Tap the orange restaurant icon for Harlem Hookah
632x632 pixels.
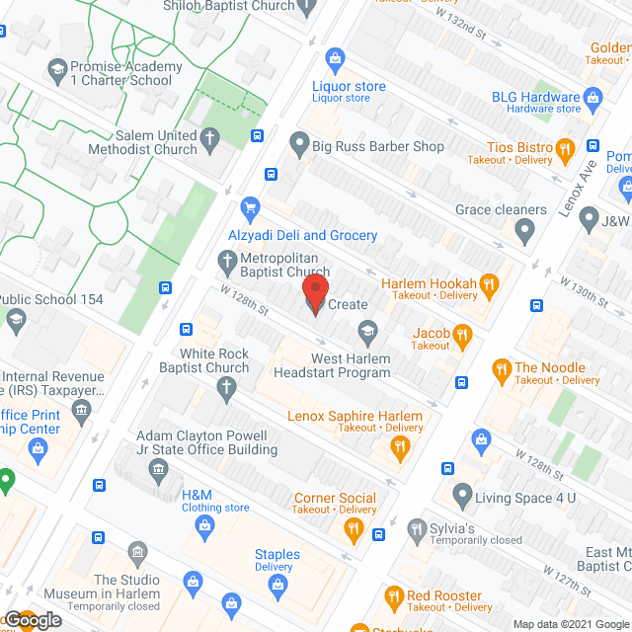click(488, 287)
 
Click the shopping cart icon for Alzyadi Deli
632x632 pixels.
click(250, 208)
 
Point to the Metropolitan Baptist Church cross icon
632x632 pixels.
click(225, 259)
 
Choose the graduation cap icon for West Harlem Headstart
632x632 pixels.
click(367, 331)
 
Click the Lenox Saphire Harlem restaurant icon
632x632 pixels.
click(400, 446)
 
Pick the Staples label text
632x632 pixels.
click(276, 554)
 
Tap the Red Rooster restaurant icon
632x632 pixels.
click(393, 596)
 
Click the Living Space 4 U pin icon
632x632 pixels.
click(461, 492)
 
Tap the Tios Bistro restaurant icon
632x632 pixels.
click(565, 151)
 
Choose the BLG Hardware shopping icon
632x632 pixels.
click(592, 98)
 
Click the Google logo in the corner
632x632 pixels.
click(32, 620)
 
